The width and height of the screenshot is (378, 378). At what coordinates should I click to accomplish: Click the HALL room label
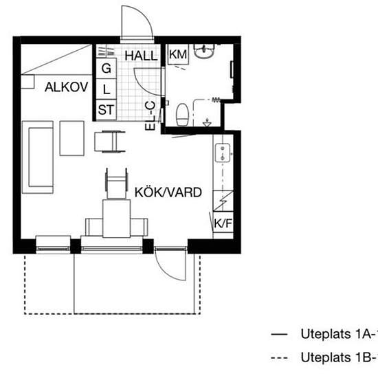(x=141, y=56)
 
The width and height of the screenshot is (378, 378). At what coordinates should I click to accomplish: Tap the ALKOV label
(x=67, y=87)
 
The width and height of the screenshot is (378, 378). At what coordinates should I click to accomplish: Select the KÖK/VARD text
(x=168, y=192)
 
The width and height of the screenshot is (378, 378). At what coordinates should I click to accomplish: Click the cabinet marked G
(x=107, y=68)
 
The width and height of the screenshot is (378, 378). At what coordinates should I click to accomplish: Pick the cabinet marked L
(x=107, y=89)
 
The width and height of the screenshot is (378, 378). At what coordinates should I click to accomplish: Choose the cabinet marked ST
(x=107, y=110)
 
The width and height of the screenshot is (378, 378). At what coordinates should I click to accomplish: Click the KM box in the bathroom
(x=178, y=54)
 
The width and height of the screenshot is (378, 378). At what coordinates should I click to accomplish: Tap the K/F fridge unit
(x=223, y=223)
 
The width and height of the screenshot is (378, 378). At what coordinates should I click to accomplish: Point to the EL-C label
(x=151, y=116)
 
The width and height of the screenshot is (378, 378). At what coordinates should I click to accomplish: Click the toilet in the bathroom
(x=182, y=115)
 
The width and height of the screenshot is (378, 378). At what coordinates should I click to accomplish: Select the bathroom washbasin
(x=204, y=51)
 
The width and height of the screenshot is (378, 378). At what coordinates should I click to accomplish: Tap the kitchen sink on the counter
(x=223, y=153)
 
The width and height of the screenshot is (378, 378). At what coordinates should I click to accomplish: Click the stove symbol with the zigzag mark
(x=223, y=201)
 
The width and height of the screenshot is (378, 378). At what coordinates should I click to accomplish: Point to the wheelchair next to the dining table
(x=116, y=183)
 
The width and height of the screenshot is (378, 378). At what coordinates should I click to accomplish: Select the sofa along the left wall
(x=38, y=157)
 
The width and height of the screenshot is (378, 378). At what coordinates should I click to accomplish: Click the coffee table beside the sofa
(x=72, y=138)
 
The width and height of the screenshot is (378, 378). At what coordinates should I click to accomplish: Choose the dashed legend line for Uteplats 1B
(x=279, y=357)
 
